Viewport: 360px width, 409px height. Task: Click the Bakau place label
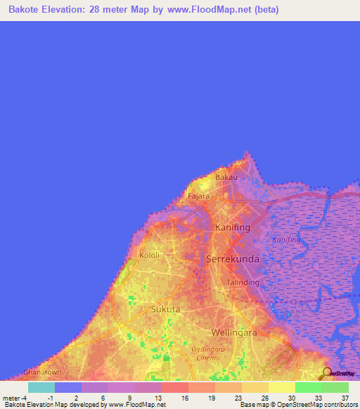226,178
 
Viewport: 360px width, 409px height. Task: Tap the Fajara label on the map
199,197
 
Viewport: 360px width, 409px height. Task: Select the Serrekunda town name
232,259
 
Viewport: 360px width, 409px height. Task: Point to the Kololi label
150,254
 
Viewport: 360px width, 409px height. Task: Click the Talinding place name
243,283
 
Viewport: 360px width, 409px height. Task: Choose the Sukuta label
166,309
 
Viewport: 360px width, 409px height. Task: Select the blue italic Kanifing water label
286,240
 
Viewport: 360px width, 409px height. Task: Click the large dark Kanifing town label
233,228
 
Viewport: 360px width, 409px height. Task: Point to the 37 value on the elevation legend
345,397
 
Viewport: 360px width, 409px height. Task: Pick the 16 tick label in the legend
184,397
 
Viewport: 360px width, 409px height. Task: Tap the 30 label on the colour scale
291,397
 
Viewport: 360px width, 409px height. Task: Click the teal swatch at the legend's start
41,387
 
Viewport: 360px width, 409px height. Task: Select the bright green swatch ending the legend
335,387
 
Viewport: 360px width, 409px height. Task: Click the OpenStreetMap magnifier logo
326,373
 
